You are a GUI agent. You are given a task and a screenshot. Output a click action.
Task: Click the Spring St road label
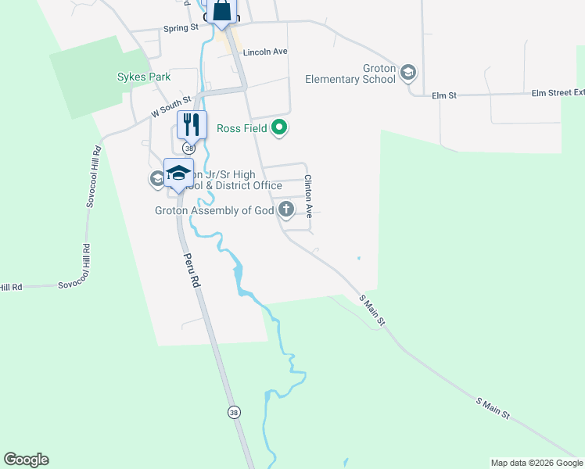click(x=181, y=28)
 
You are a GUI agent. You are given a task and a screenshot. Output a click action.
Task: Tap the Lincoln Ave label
click(x=266, y=52)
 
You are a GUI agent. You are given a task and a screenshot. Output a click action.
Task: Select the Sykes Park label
click(x=144, y=77)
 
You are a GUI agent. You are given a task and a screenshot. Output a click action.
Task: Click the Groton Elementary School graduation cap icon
click(x=407, y=73)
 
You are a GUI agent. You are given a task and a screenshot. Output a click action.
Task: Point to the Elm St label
click(x=443, y=95)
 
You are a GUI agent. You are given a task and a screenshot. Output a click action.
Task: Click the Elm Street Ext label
click(x=552, y=93)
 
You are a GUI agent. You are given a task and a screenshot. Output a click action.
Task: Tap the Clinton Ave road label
click(x=308, y=195)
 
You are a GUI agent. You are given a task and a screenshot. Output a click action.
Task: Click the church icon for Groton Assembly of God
click(x=286, y=209)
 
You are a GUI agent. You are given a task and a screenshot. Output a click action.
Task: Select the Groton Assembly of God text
click(x=214, y=210)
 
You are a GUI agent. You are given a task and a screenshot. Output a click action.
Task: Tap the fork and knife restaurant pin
click(x=192, y=124)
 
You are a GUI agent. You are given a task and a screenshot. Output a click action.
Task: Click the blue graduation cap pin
click(x=178, y=173)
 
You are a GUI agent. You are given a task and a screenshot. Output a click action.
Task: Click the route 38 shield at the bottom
click(x=233, y=412)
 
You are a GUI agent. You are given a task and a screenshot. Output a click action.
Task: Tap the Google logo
click(x=26, y=460)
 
